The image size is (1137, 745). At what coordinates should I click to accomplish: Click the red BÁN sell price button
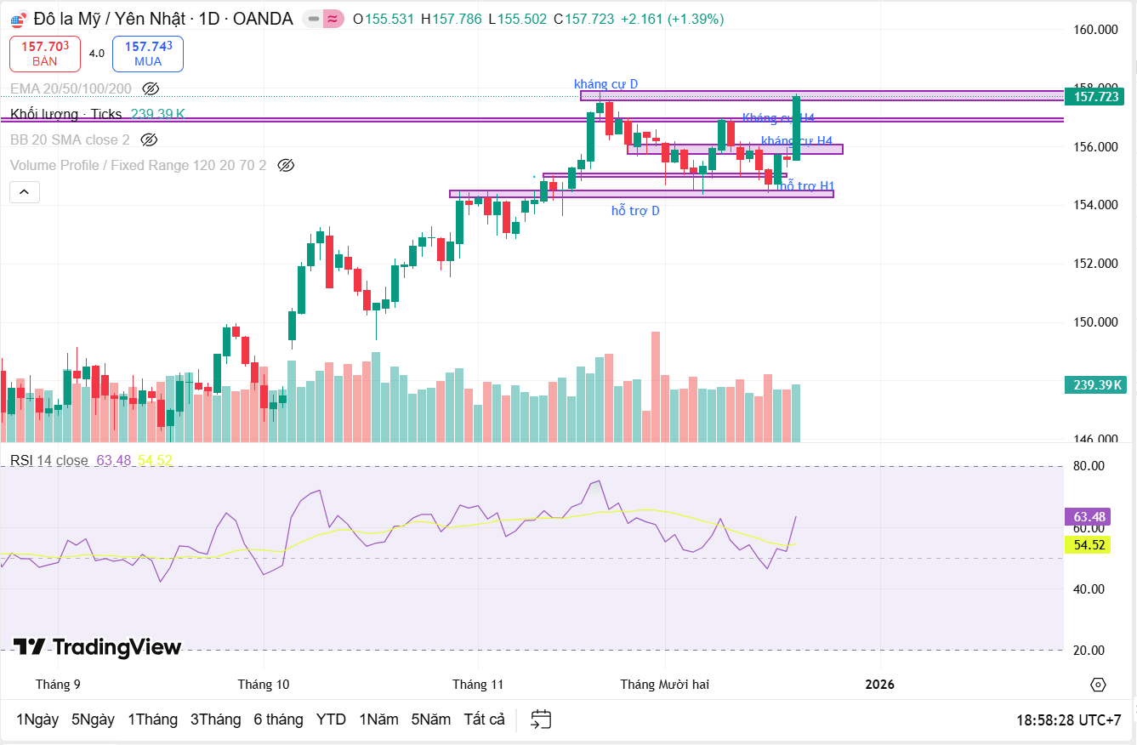[45, 54]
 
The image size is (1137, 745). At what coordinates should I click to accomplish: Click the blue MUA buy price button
[148, 54]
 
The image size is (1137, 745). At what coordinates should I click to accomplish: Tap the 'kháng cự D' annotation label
[605, 83]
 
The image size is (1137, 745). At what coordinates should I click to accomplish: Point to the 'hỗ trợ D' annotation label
[635, 210]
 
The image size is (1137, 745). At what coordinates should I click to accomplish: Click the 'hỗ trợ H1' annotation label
[807, 185]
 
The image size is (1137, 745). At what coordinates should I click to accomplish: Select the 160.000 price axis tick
[1095, 30]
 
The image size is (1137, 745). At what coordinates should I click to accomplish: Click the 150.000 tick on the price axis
[1095, 322]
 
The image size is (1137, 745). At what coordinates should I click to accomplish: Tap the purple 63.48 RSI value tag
[1089, 517]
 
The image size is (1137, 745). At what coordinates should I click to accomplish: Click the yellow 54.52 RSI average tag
[1089, 544]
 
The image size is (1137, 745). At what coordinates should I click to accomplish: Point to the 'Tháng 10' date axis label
[264, 684]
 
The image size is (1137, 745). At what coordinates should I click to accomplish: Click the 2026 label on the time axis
[879, 684]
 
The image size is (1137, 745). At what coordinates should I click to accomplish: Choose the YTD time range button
[331, 719]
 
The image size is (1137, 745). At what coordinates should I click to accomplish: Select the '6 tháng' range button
[278, 719]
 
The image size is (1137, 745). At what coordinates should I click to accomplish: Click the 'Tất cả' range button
[484, 719]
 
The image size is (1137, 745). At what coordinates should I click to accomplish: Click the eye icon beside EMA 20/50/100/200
[151, 88]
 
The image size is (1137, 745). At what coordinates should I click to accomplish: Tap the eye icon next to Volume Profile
[286, 165]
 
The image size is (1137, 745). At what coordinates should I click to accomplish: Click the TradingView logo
[97, 647]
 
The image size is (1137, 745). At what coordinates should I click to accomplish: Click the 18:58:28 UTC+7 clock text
[1068, 720]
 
